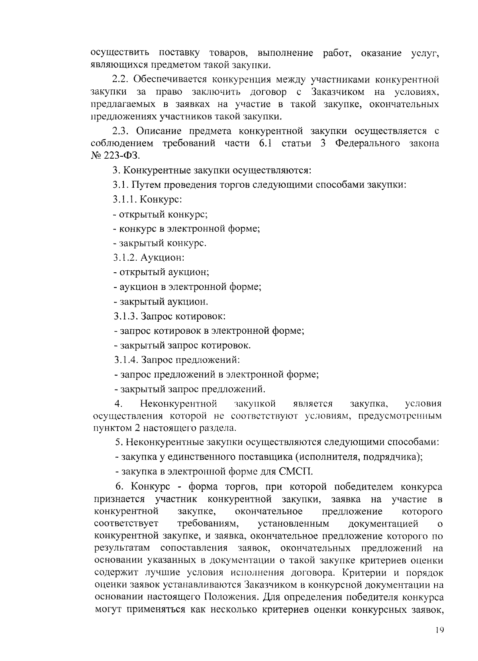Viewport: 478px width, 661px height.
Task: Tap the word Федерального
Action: [x=367, y=144]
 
